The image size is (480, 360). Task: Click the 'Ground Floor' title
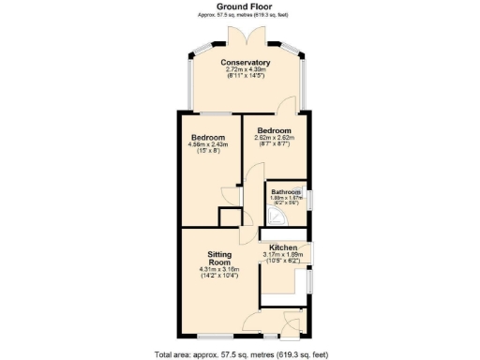[x=241, y=7]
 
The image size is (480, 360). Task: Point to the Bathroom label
[x=285, y=191]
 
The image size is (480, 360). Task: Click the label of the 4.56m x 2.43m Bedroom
[x=208, y=138]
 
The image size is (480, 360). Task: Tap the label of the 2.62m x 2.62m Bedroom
[x=275, y=130]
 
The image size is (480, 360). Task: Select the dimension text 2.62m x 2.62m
[x=275, y=138]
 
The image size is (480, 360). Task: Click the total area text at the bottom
[x=241, y=353]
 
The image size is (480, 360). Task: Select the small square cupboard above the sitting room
[x=228, y=217]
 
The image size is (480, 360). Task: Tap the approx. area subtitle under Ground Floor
[x=241, y=15]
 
